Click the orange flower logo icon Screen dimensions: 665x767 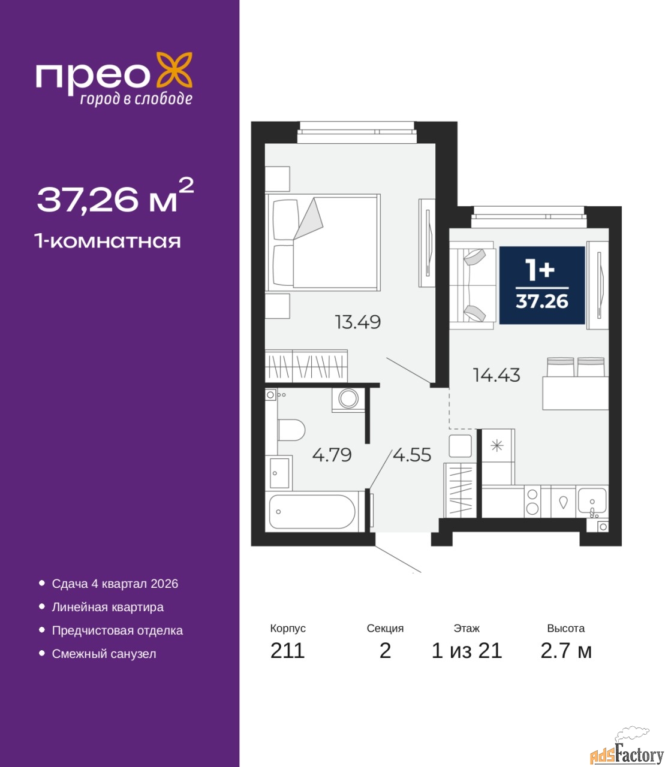click(174, 70)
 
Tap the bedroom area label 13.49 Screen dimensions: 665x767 click(357, 322)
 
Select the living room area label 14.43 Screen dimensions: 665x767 click(497, 375)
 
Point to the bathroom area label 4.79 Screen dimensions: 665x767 click(332, 455)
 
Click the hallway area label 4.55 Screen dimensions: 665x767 click(412, 455)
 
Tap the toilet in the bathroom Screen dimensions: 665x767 click(291, 430)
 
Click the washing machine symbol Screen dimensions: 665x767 click(348, 400)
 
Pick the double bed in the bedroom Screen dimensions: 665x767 click(323, 242)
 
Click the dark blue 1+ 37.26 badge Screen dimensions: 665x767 click(541, 285)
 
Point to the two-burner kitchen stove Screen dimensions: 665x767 click(532, 502)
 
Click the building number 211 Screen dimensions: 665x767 click(287, 651)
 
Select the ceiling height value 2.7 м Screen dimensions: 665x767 click(566, 651)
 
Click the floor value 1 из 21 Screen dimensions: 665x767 click(467, 651)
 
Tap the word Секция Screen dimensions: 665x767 click(385, 628)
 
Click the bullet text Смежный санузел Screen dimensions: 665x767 click(104, 654)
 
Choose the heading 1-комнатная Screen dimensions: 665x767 click(107, 241)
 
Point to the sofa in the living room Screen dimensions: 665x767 click(473, 285)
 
